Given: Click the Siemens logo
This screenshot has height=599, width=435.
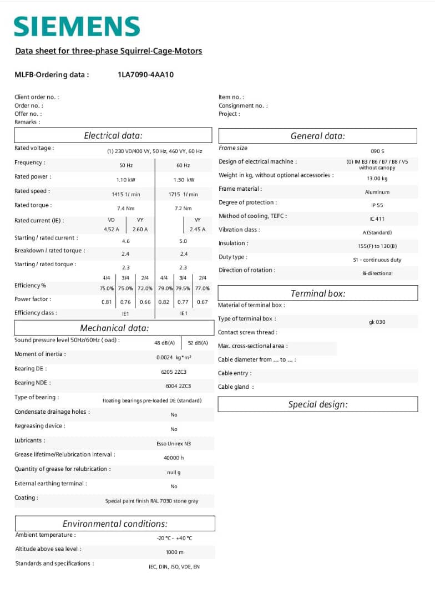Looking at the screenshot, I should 77,26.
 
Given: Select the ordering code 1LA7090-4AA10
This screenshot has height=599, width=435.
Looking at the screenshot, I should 146,74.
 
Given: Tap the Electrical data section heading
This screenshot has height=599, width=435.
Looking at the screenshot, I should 113,135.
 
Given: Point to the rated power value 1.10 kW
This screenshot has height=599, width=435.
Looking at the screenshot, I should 127,180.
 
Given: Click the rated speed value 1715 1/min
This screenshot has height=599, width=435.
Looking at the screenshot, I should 183,194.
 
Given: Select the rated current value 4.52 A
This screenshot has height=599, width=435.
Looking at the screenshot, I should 112,229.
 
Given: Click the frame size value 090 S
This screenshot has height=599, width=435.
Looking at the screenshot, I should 377,151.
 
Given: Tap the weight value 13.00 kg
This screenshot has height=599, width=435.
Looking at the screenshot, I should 377,179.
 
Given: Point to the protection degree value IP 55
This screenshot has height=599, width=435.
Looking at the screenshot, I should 377,205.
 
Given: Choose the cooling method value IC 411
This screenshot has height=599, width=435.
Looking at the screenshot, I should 377,219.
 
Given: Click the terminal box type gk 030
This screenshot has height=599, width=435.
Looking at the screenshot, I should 377,322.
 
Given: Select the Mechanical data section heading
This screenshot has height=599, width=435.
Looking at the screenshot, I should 114,328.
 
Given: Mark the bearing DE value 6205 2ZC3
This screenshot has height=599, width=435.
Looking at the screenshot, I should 174,372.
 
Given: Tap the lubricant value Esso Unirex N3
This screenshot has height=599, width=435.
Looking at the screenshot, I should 174,444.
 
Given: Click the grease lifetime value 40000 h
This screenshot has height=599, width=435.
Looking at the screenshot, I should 174,458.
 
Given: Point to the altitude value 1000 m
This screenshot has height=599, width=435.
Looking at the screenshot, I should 174,552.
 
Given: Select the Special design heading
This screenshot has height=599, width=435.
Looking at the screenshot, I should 318,404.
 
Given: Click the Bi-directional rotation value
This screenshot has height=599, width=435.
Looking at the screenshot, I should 377,273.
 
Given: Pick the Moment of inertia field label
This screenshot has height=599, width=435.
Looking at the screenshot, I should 40,354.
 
